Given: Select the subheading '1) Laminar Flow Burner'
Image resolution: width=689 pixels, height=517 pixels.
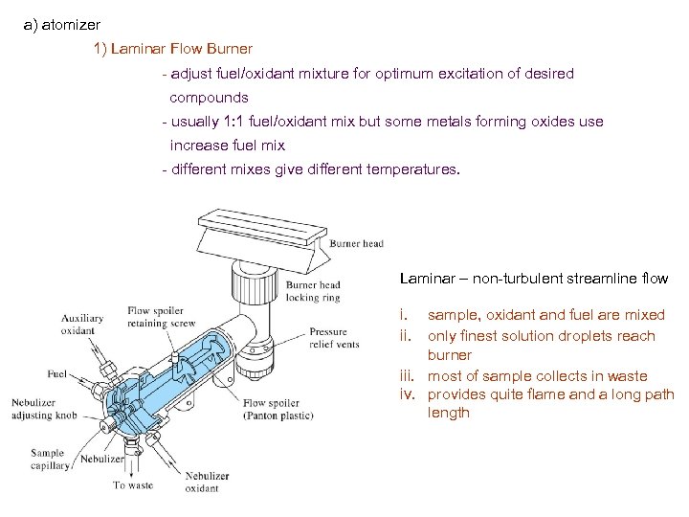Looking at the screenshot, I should tap(172, 49).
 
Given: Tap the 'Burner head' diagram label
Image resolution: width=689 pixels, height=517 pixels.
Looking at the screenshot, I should tap(356, 244).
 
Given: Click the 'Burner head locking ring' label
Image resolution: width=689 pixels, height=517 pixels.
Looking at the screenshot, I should tap(314, 291).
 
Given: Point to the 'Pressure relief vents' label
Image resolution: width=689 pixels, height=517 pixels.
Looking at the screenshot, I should tap(334, 338).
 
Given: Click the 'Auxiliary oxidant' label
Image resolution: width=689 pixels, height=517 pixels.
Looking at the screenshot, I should tap(82, 325).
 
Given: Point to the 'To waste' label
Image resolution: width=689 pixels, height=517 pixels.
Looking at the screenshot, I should tap(132, 485).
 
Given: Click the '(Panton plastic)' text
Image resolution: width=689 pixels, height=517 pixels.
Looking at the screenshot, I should tap(278, 416).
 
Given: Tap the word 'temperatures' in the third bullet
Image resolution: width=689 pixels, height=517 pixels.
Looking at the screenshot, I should tap(413, 170).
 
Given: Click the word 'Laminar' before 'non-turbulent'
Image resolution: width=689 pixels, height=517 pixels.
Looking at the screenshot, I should tap(427, 279).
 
